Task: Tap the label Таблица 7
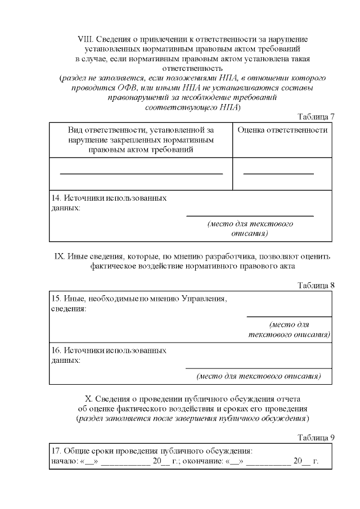316,116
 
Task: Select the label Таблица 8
316,285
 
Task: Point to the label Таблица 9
316,437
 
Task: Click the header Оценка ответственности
282,130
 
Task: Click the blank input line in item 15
289,317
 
